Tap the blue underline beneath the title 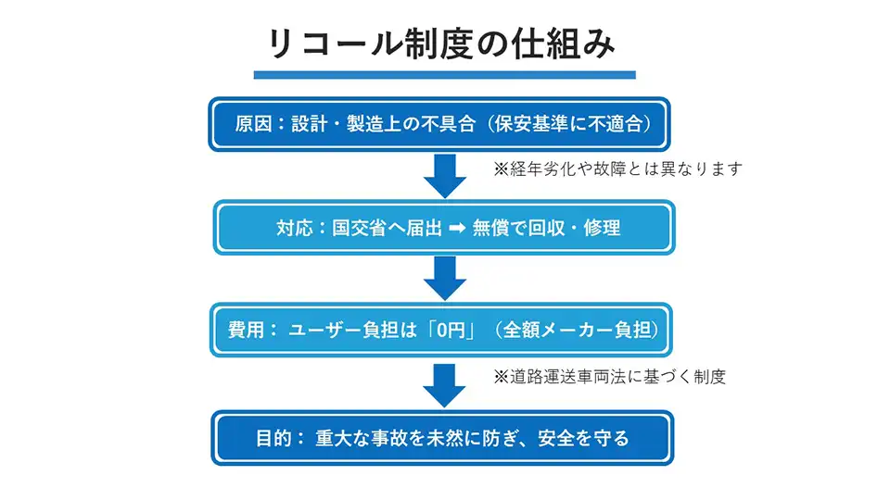point(445,74)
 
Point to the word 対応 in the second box point(295,228)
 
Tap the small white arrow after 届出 point(456,229)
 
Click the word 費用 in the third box point(246,331)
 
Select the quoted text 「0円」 point(451,331)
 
